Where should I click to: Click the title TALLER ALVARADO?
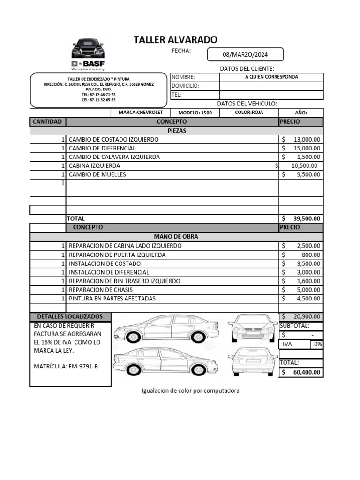coord(175,40)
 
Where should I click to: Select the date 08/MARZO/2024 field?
coord(245,55)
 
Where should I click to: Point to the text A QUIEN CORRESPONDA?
coord(271,77)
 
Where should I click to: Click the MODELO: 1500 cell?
coord(195,112)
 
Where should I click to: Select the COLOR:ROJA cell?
coord(249,112)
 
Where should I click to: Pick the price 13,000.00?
coord(307,139)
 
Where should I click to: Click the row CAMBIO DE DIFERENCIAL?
coord(102,148)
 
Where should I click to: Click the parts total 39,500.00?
coord(307,218)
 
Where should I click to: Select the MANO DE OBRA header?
coord(176,236)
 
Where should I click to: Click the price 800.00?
coord(311,255)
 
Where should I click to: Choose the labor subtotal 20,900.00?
coord(307,317)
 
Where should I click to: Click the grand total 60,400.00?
coord(307,372)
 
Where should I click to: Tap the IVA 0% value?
coord(317,344)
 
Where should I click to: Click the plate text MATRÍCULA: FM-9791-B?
coord(66,366)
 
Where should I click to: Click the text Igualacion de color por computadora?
coord(190,390)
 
